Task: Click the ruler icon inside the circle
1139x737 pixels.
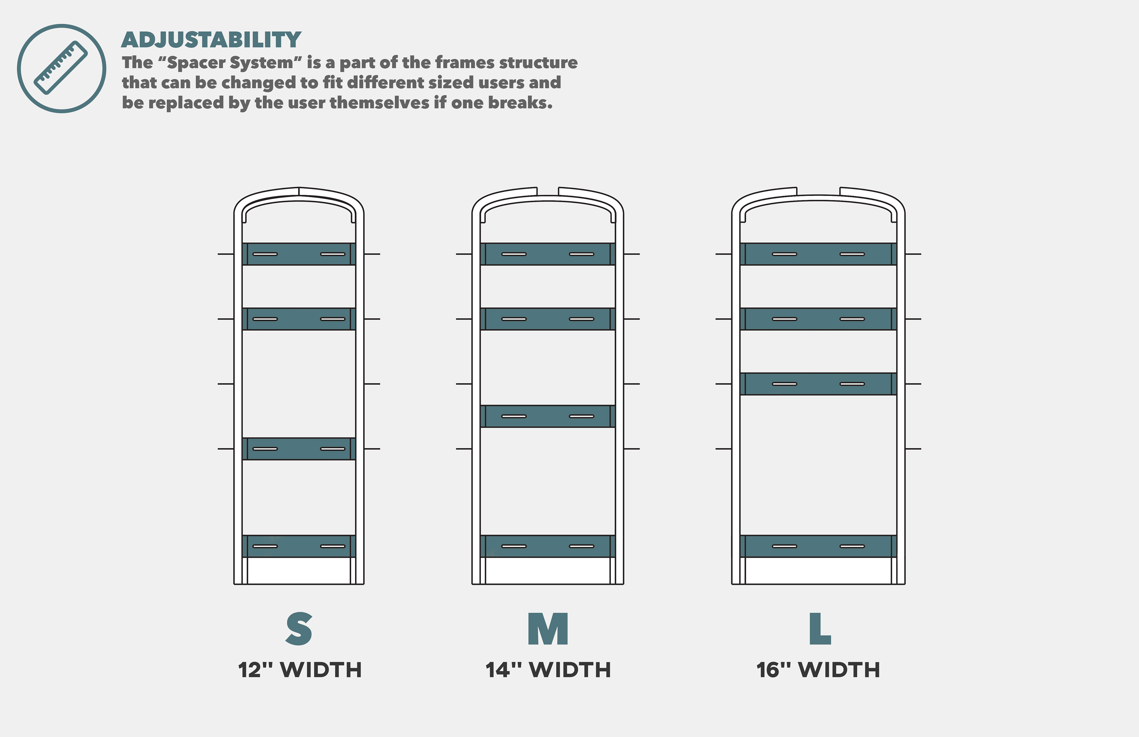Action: coord(61,68)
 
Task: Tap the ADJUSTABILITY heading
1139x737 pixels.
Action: coord(211,40)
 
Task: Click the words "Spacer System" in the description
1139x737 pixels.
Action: coord(229,63)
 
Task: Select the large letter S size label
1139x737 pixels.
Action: coord(299,628)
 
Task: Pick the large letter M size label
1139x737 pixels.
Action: coord(548,628)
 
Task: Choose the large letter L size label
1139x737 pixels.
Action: coord(820,628)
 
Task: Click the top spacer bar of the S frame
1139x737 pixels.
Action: coord(299,254)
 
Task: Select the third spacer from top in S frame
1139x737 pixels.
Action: coord(299,449)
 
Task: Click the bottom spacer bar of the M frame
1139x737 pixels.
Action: coord(548,546)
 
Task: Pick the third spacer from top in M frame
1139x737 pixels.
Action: coord(548,416)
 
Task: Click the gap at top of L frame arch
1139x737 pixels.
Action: coord(818,191)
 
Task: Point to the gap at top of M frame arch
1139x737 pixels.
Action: coord(548,191)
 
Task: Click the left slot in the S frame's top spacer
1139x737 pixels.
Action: coord(265,254)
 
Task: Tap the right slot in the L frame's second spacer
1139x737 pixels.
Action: coord(852,319)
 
